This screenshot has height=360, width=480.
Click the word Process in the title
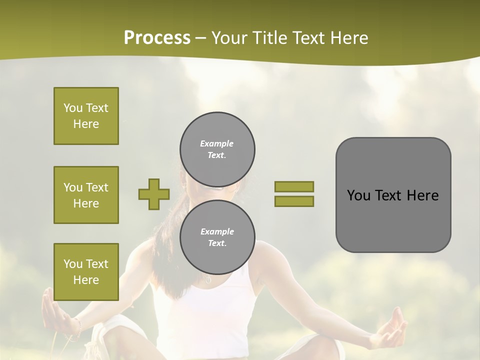[x=157, y=38]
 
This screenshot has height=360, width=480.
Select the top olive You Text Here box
[x=86, y=116]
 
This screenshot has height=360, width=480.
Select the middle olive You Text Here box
[x=86, y=195]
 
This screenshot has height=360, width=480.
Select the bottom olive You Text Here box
[x=86, y=271]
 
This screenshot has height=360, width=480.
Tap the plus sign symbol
[x=154, y=194]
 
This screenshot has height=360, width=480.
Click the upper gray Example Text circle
[x=217, y=149]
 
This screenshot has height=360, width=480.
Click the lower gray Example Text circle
[x=217, y=237]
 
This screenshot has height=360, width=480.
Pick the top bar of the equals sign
[x=294, y=186]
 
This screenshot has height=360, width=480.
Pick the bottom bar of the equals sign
[x=294, y=201]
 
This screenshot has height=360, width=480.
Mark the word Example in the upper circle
[x=217, y=143]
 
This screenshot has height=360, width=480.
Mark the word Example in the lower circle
[x=217, y=231]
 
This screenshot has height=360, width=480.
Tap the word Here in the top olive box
[x=86, y=124]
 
